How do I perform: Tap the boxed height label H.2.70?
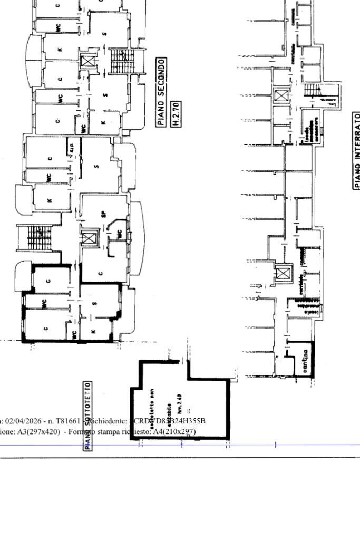click(177, 114)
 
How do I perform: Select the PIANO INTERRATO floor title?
click(357, 150)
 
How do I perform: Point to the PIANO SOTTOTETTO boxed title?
click(87, 416)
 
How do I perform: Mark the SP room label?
click(104, 214)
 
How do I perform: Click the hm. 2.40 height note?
click(179, 404)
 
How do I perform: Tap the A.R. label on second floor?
click(71, 148)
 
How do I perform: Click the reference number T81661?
click(68, 421)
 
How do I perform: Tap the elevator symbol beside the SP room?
click(89, 238)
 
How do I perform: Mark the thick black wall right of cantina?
click(313, 359)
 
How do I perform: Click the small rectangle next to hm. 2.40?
click(189, 411)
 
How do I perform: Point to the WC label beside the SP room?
click(119, 234)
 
